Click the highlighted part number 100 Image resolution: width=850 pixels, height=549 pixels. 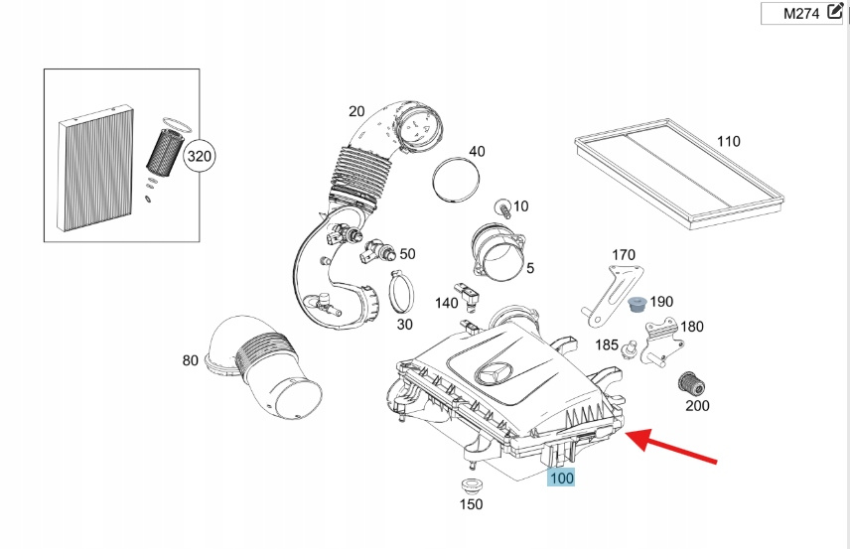click(x=562, y=478)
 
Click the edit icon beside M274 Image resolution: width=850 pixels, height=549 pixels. click(x=834, y=13)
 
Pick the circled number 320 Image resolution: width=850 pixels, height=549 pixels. click(x=200, y=156)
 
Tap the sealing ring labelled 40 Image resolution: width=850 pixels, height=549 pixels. click(x=456, y=180)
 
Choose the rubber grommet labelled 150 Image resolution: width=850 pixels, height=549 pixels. click(x=470, y=488)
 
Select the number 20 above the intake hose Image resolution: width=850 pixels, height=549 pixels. click(x=356, y=111)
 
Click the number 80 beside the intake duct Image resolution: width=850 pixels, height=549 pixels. click(x=190, y=360)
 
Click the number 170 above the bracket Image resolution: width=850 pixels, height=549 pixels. click(x=623, y=255)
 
